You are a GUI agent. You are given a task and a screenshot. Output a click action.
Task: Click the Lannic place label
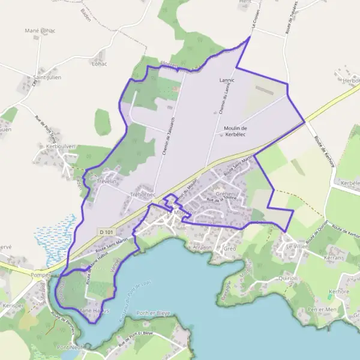(x=227, y=80)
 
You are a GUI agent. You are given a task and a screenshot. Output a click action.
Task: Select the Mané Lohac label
(x=40, y=31)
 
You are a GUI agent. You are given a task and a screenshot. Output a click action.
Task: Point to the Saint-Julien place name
(x=47, y=77)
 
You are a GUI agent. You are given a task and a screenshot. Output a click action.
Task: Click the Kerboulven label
(x=60, y=146)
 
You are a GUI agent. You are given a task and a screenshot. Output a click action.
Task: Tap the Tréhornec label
(x=143, y=195)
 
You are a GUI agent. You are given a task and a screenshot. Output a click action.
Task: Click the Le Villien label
(x=296, y=246)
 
